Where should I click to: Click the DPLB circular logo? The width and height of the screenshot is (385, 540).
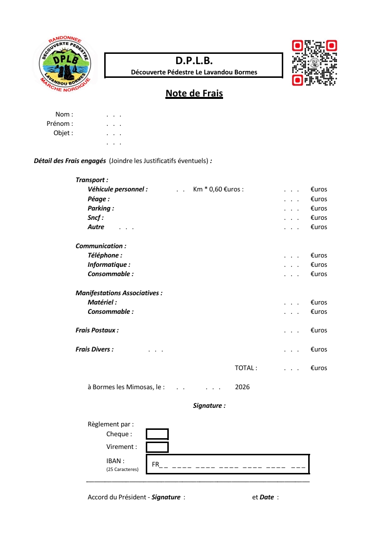65,64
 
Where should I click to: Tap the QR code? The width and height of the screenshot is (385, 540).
314,63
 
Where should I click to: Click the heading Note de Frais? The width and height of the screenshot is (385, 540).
194,94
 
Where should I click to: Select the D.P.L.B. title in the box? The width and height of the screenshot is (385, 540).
194,61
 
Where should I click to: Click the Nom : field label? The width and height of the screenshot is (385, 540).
64,115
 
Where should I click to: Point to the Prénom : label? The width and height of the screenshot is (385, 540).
60,124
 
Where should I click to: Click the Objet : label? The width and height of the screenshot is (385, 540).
63,133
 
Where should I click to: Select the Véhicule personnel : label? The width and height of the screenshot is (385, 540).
117,189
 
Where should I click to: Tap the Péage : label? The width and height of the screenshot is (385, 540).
98,199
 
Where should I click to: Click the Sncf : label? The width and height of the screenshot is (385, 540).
95,218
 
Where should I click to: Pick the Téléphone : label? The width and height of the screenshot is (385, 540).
105,256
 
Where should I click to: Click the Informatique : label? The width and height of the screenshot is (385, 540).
109,265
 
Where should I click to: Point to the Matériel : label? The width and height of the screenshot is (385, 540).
102,303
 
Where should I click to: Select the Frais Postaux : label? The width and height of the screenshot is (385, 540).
97,330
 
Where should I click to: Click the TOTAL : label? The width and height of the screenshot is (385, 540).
246,368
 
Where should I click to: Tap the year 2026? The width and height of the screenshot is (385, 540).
242,387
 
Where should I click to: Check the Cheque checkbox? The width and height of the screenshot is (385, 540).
157,434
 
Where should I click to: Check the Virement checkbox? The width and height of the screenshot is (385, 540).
157,447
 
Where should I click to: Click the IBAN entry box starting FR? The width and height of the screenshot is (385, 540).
227,465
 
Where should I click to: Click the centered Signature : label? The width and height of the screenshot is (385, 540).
209,406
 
